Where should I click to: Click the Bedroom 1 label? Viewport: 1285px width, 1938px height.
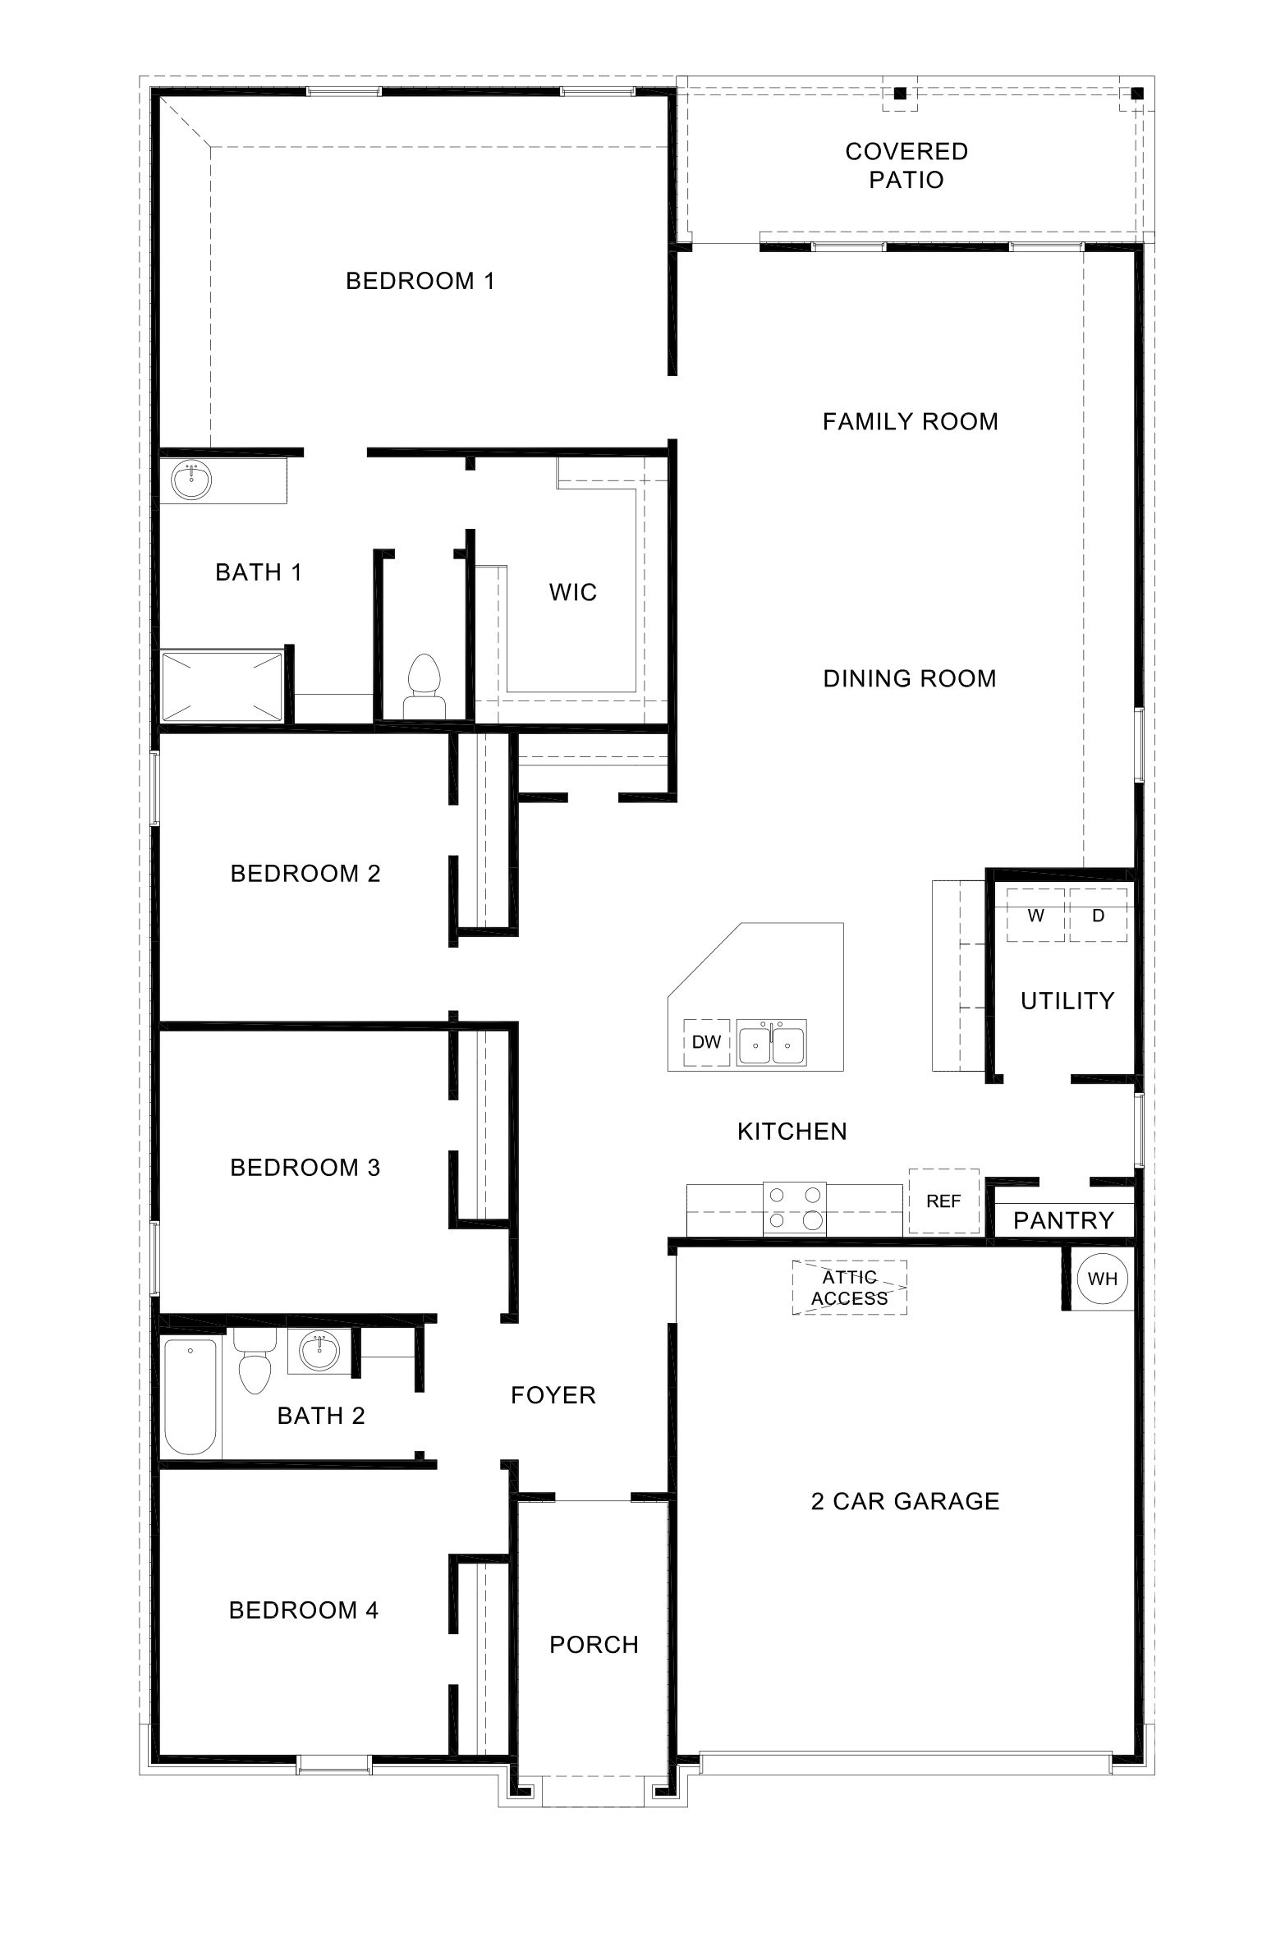tap(420, 281)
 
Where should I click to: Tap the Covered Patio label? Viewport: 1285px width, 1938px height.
tap(906, 165)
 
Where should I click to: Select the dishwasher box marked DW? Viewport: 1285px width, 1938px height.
tap(706, 1042)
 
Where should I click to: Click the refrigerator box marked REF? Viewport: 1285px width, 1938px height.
tap(943, 1201)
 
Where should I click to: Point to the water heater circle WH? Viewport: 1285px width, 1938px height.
tap(1102, 1279)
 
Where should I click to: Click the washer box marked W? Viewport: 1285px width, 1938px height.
tap(1035, 915)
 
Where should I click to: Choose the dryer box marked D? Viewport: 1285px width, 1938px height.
tap(1098, 915)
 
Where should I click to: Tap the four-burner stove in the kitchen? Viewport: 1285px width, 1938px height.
tap(795, 1208)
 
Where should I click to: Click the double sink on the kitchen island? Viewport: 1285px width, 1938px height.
tap(771, 1043)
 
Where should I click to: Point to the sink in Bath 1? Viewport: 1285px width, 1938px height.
tap(191, 480)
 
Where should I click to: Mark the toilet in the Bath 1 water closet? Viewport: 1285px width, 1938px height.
tap(424, 684)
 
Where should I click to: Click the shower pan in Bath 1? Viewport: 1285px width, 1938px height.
tap(222, 687)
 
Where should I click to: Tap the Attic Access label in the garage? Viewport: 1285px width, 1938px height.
tap(849, 1287)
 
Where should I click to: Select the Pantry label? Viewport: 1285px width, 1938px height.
tap(1063, 1220)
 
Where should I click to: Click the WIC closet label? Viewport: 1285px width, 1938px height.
tap(573, 592)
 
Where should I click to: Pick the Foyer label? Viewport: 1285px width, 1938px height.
tap(553, 1395)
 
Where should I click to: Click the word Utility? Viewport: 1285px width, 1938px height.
tap(1067, 1000)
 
